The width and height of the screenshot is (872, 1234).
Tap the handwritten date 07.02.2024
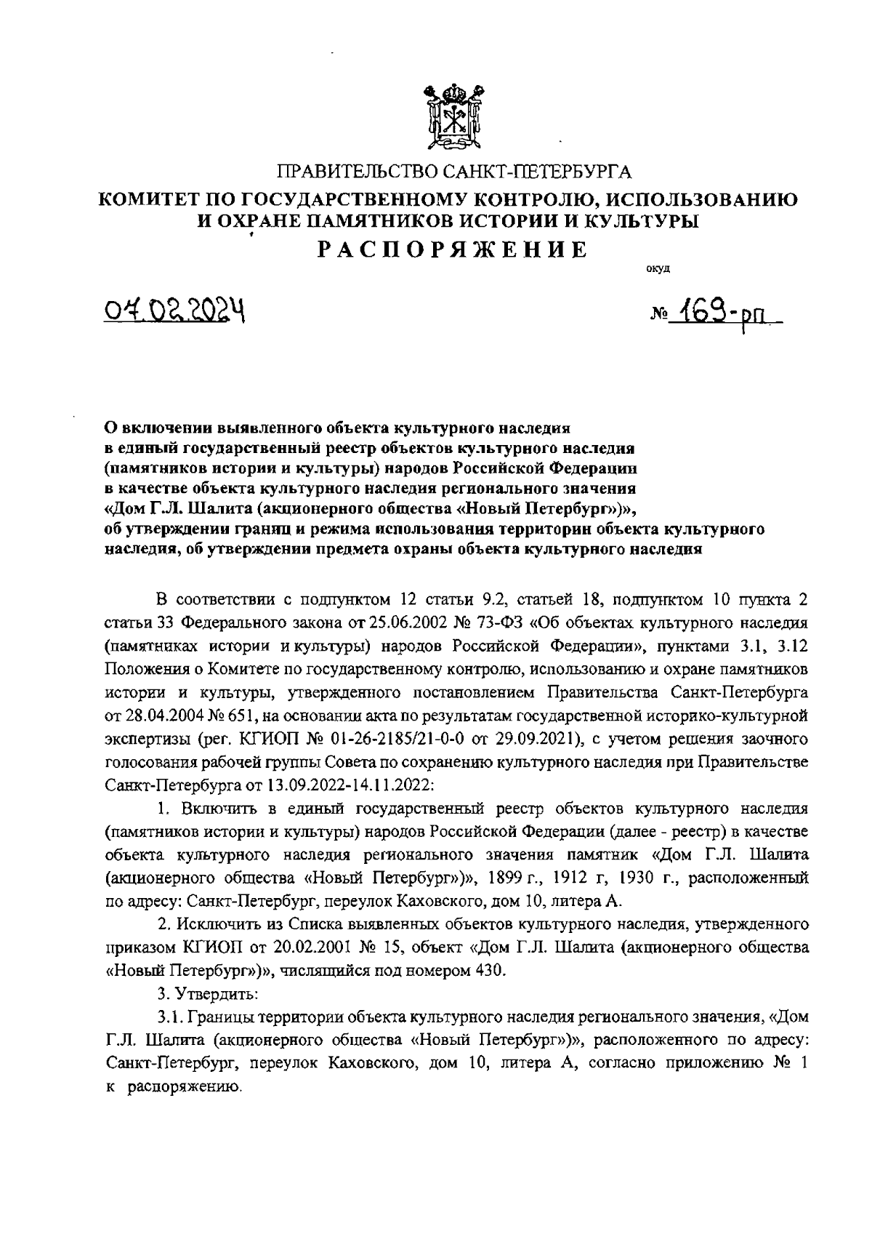[172, 312]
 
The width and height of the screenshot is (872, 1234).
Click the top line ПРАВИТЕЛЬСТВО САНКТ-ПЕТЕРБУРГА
[456, 172]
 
